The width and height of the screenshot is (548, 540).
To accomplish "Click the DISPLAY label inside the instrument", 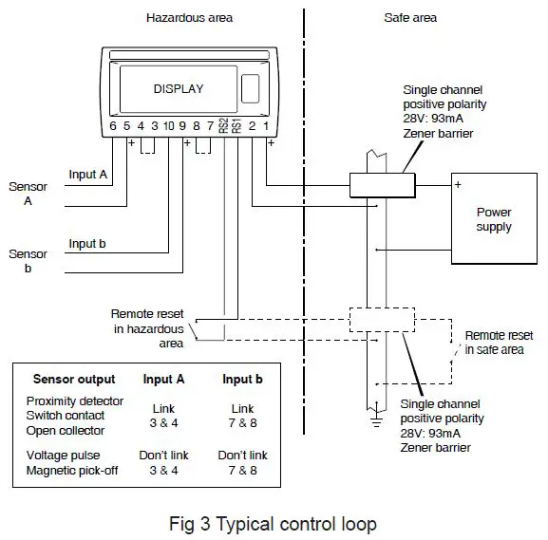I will pyautogui.click(x=179, y=89).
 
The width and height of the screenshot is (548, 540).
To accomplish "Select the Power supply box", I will pyautogui.click(x=493, y=220).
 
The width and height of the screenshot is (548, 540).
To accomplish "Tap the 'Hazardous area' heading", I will pyautogui.click(x=189, y=18).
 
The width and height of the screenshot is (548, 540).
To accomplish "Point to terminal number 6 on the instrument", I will pyautogui.click(x=113, y=125).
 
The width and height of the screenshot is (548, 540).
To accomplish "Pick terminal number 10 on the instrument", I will pyautogui.click(x=168, y=125).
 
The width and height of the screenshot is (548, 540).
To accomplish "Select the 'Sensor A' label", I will pyautogui.click(x=28, y=194).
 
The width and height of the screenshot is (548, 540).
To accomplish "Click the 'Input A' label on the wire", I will pyautogui.click(x=87, y=175).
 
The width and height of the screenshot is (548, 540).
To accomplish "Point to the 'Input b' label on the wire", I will pyautogui.click(x=87, y=244).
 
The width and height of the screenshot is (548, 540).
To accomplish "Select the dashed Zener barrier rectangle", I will pyautogui.click(x=382, y=320).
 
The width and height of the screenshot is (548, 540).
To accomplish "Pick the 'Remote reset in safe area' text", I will pyautogui.click(x=499, y=343).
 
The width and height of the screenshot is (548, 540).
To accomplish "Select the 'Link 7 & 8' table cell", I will pyautogui.click(x=242, y=414).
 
